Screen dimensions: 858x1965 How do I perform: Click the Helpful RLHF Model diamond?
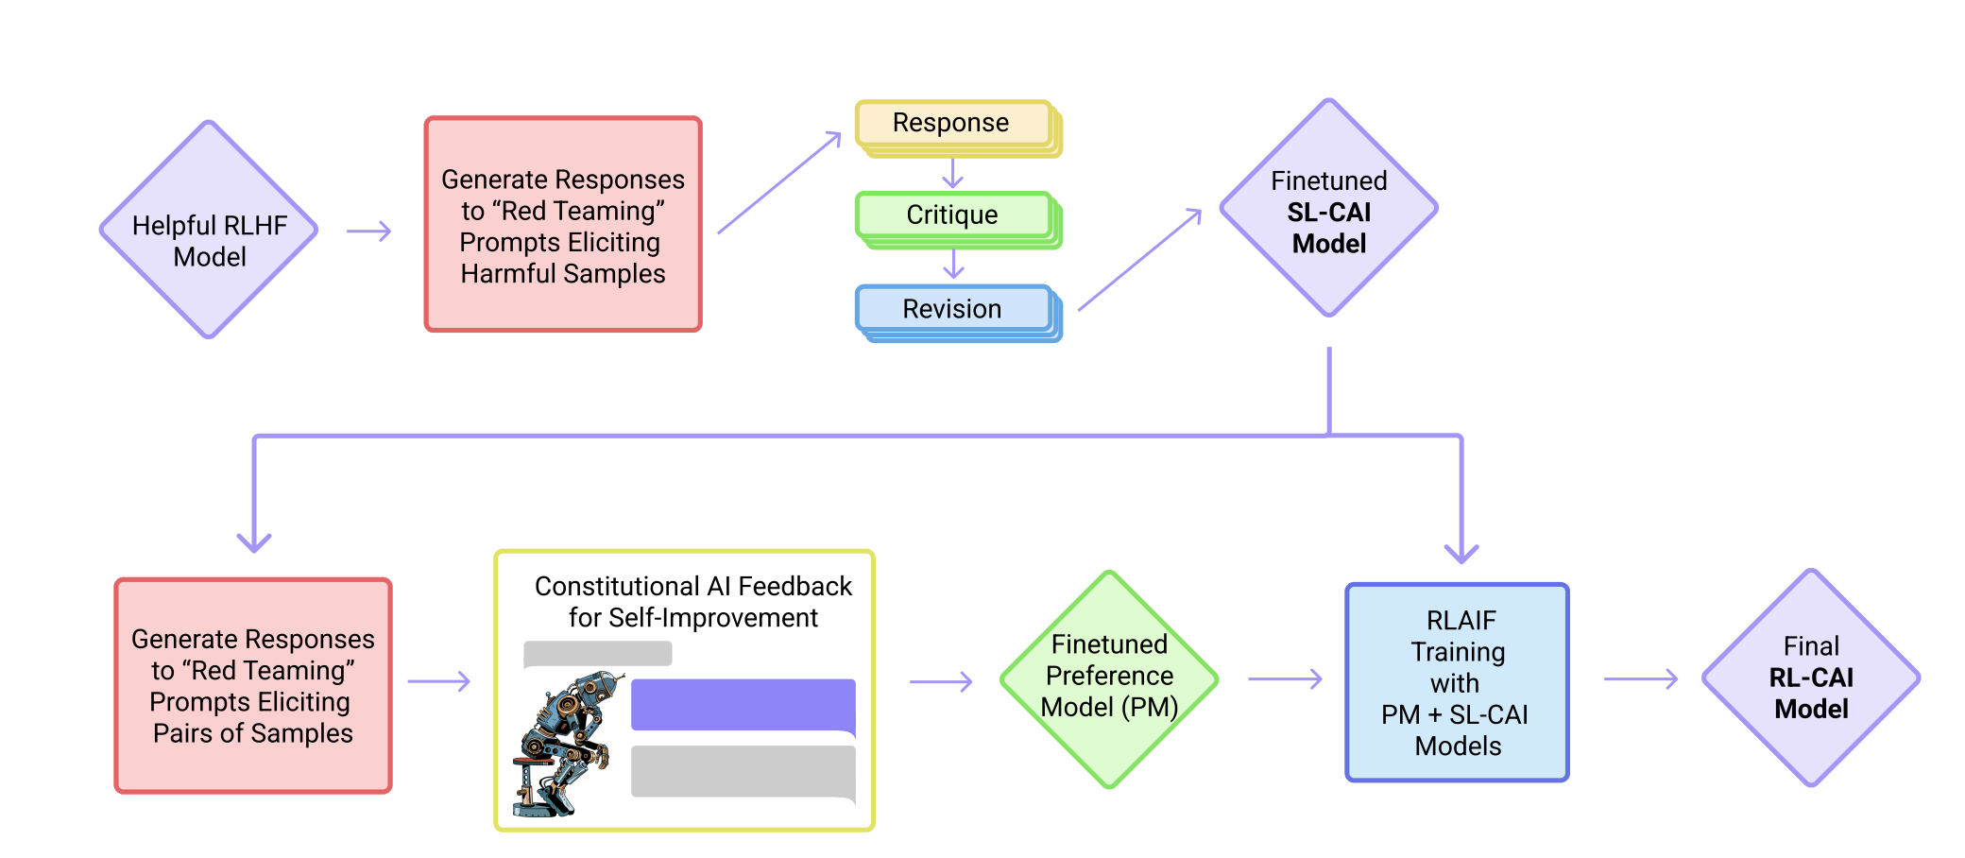(209, 230)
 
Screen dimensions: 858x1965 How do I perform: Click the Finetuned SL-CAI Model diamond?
(1328, 209)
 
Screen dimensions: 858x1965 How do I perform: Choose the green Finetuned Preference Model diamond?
(1109, 678)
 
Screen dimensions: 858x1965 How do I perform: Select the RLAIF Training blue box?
(1457, 682)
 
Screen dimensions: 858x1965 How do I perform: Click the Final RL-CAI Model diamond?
(1810, 678)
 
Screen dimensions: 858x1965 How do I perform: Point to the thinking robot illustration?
(565, 744)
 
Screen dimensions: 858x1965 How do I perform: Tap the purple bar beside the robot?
(743, 705)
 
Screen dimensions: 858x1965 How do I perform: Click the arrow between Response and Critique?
(953, 174)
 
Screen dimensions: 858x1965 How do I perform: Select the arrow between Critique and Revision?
(954, 265)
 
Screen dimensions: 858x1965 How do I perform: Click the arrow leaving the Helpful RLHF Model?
(368, 232)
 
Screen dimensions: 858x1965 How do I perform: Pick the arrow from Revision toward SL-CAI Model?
(1139, 260)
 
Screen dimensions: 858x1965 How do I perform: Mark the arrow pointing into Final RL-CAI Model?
(1641, 678)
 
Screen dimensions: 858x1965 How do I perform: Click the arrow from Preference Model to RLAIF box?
(1285, 678)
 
